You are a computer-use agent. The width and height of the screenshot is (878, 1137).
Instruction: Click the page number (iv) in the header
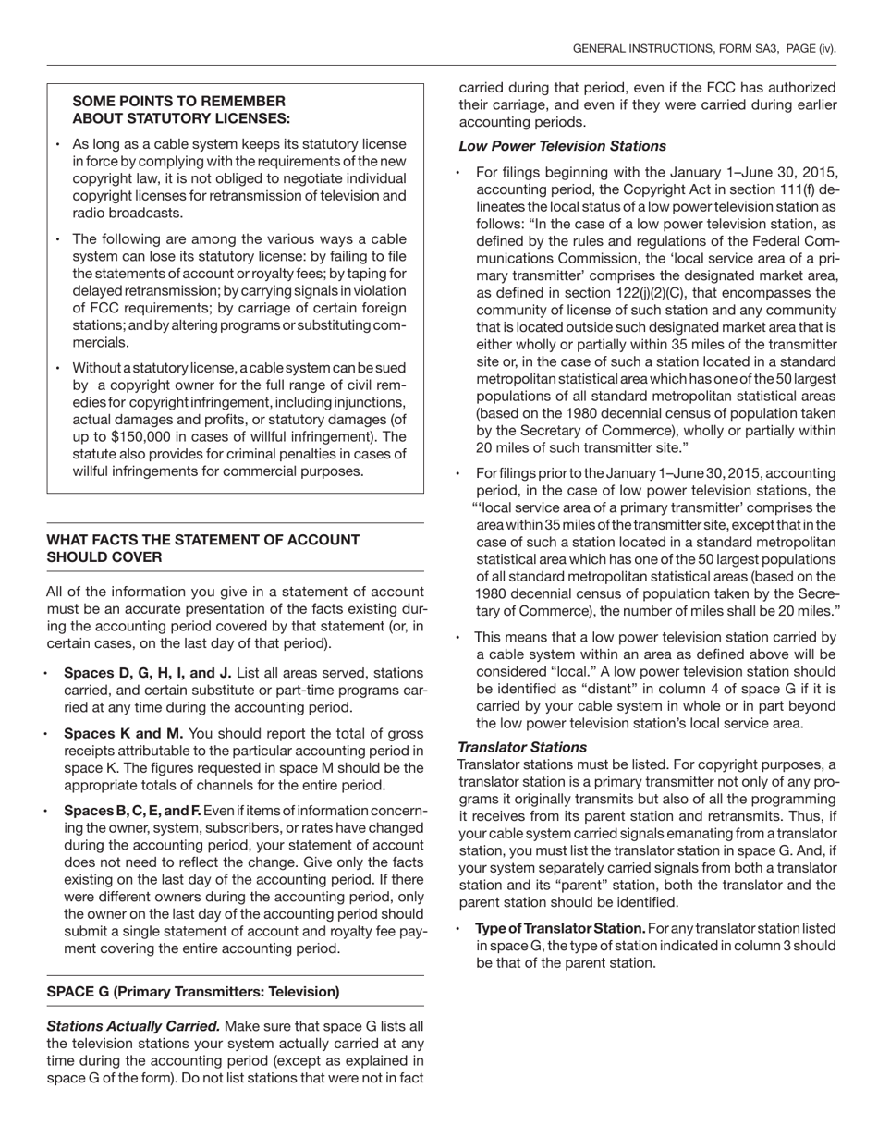822,48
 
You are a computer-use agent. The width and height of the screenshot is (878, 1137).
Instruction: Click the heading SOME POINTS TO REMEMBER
178,101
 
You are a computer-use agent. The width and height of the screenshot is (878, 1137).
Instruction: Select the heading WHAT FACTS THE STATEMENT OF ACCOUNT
203,540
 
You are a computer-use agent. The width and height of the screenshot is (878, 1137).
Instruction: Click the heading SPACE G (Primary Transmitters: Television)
193,992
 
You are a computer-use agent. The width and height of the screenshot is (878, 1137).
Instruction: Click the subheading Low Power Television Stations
562,146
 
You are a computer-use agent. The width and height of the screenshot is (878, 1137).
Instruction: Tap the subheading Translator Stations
522,747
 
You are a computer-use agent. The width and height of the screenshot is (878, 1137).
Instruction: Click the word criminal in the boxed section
270,454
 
